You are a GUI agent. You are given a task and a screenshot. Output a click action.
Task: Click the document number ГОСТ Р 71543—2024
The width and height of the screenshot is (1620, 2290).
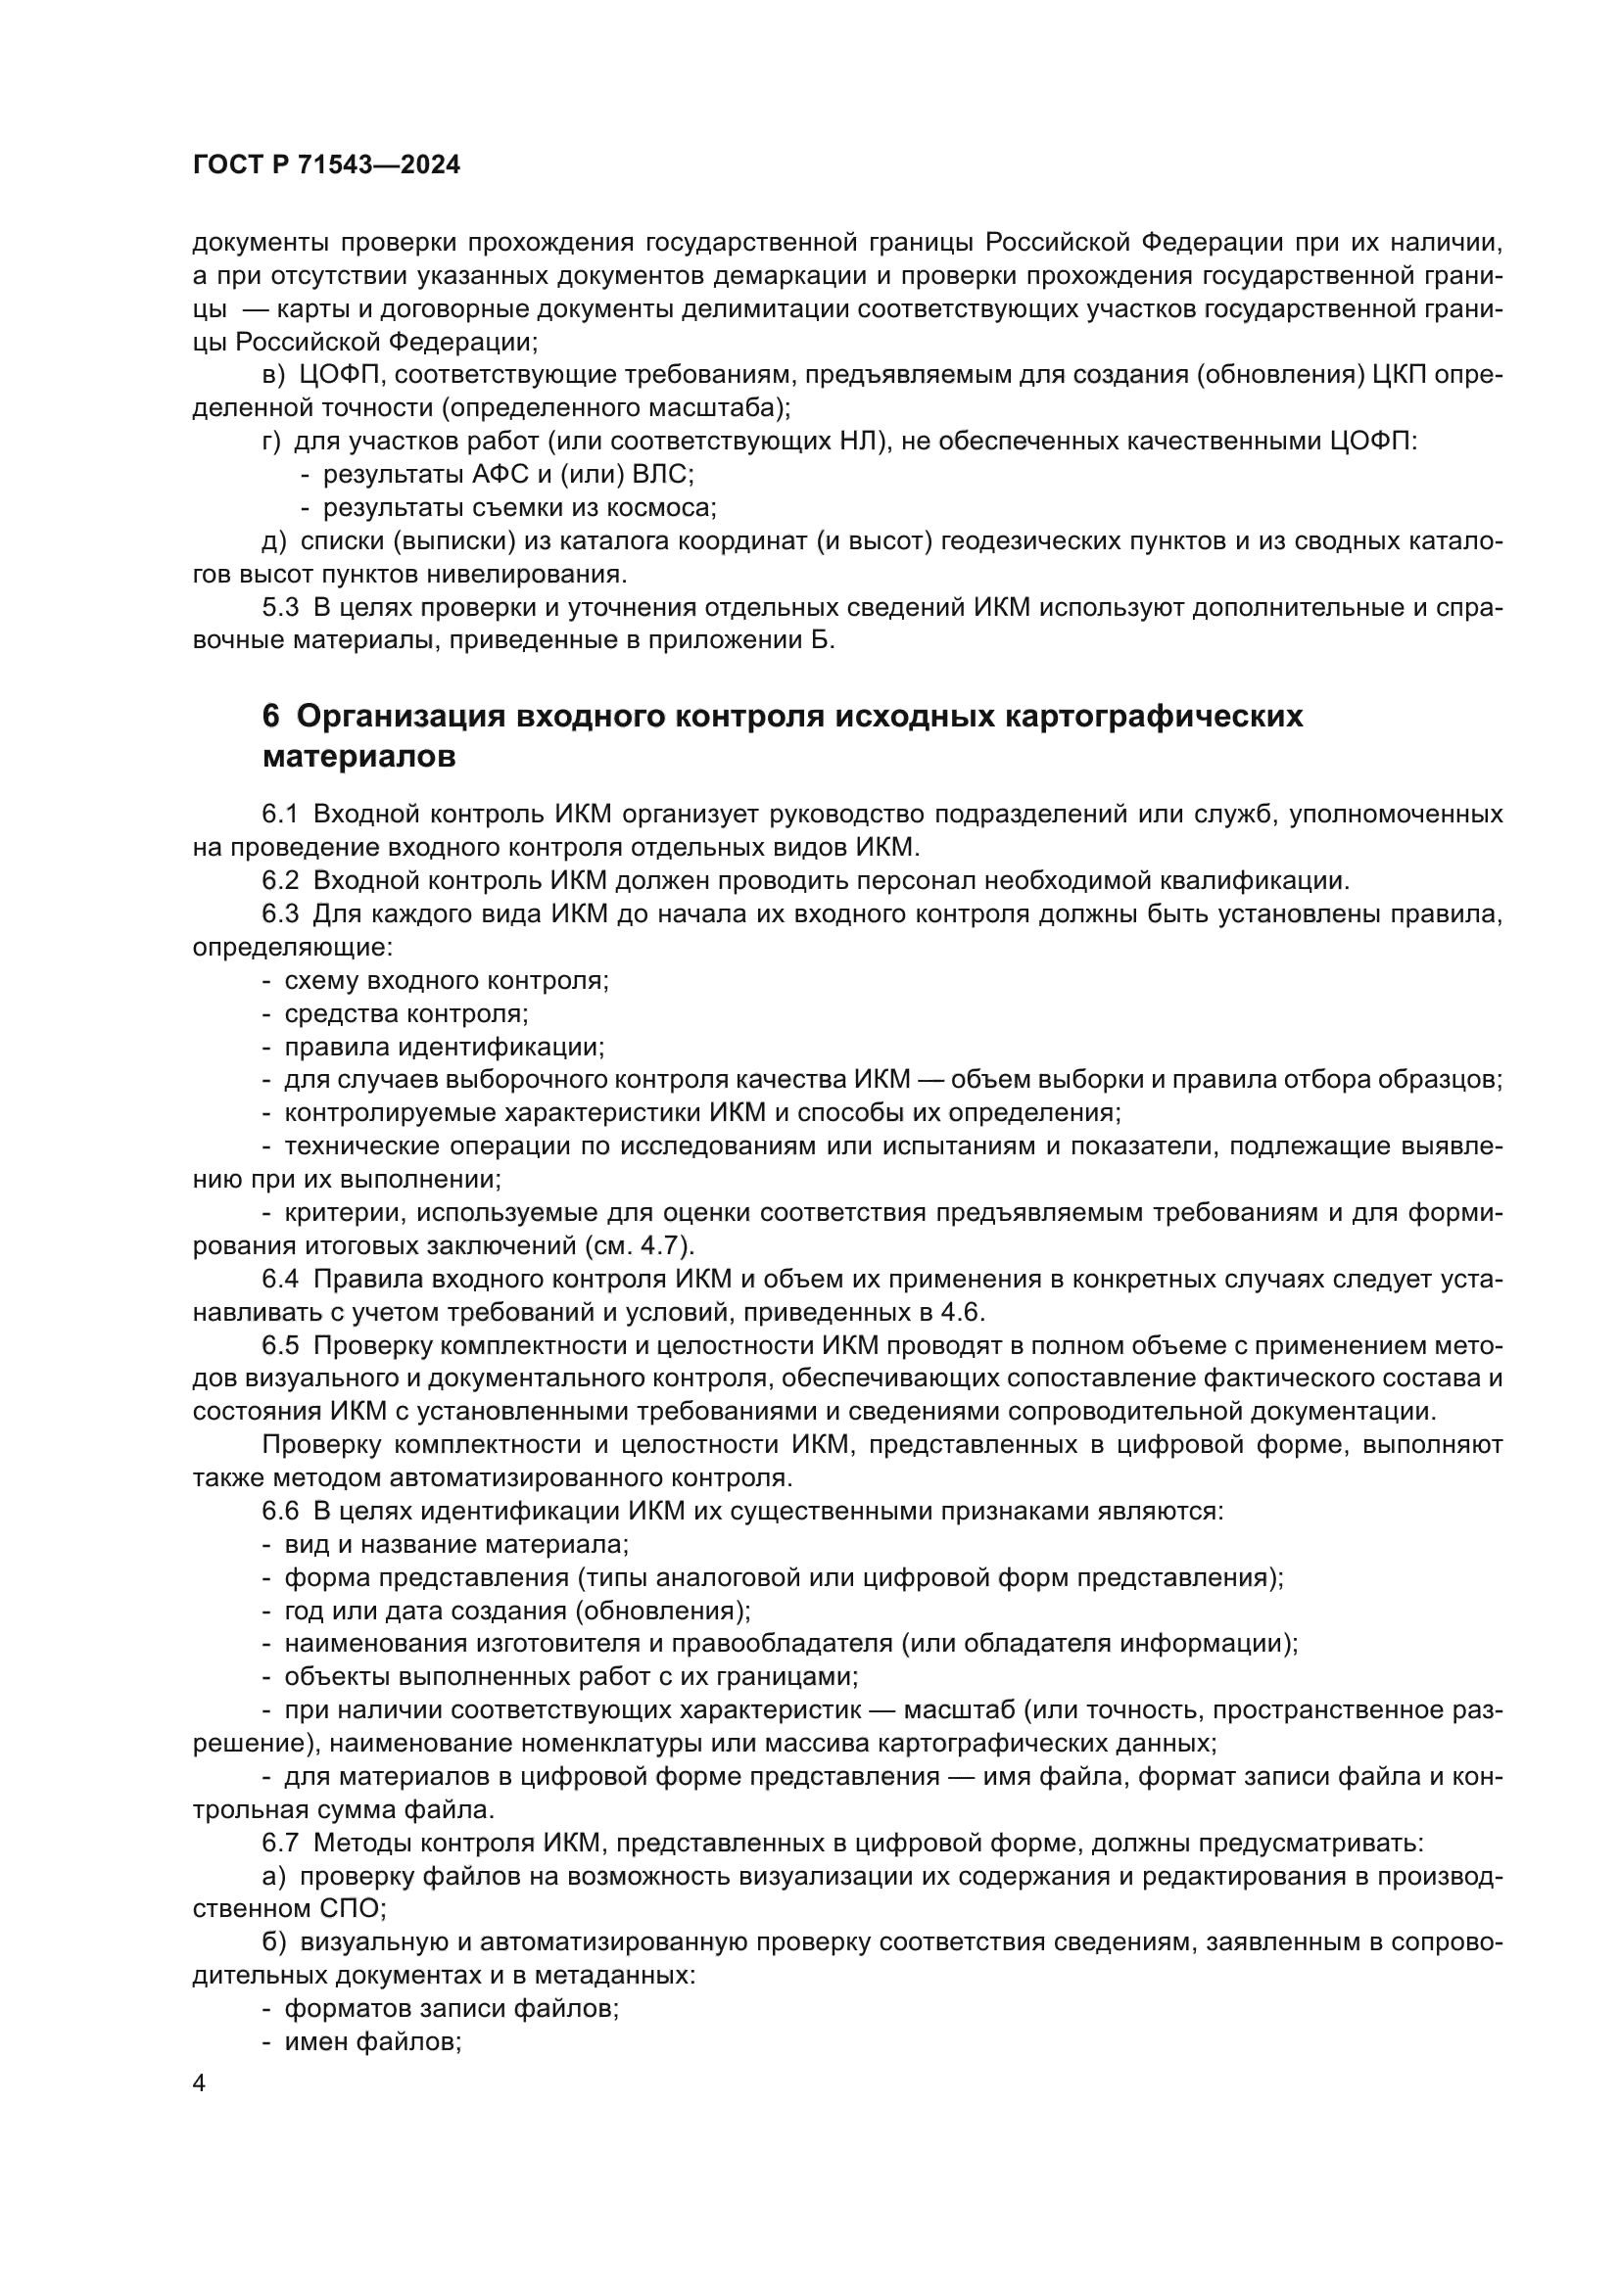[x=326, y=165]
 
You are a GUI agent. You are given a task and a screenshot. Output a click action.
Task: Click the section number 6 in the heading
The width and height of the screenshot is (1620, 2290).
[x=270, y=716]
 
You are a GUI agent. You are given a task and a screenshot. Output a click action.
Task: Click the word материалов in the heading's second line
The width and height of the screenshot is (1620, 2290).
[x=359, y=757]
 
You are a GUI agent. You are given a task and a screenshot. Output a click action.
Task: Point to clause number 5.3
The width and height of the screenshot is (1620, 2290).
[x=280, y=607]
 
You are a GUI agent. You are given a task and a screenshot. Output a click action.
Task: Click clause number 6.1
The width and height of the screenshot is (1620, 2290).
[x=280, y=814]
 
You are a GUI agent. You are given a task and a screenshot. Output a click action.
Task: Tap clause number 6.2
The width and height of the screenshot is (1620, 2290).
[x=280, y=881]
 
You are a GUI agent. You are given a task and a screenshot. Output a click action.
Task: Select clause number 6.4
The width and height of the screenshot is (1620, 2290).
[x=280, y=1280]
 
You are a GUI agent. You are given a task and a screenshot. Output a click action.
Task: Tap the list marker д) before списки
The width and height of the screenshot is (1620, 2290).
[x=274, y=541]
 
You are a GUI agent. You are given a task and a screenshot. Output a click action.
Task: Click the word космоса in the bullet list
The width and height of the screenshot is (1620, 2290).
[x=662, y=508]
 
